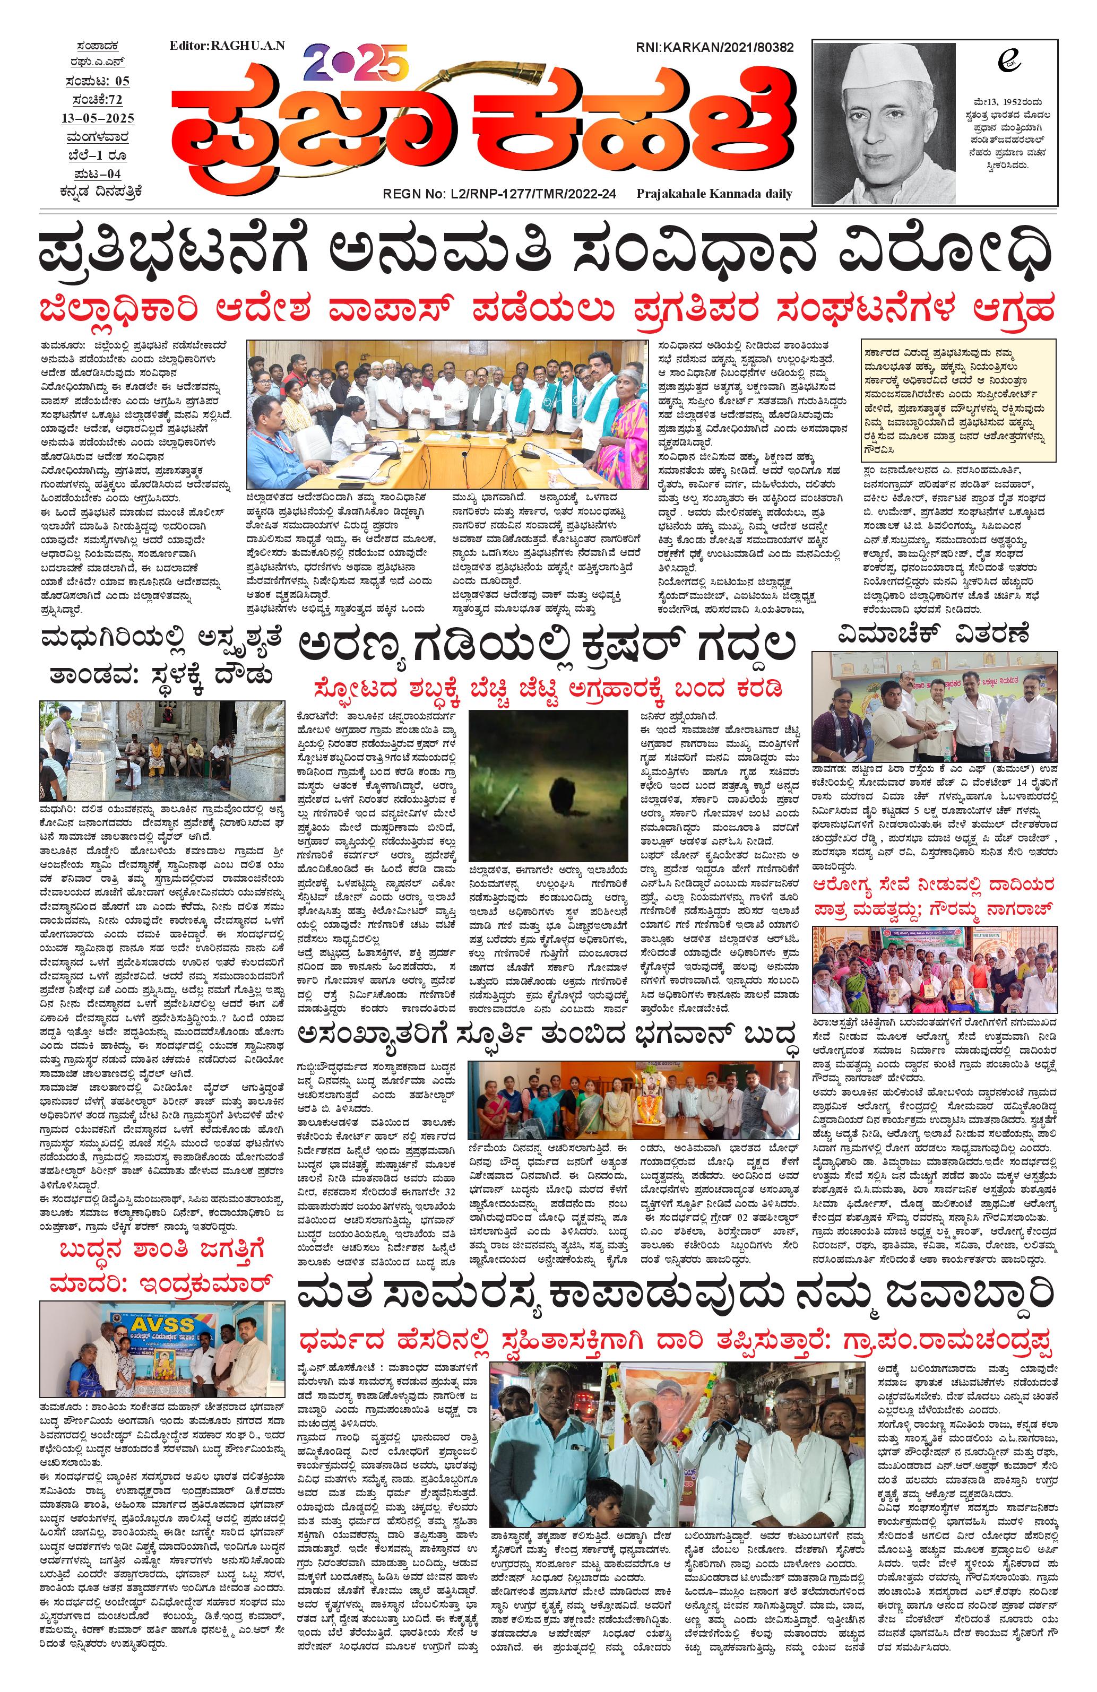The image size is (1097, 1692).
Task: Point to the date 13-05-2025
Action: tap(98, 118)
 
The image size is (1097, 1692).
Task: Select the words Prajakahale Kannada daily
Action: tap(714, 193)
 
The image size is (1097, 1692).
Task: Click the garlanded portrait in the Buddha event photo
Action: tap(646, 1104)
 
